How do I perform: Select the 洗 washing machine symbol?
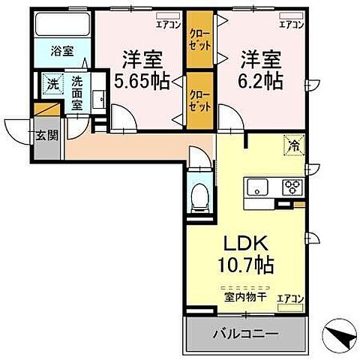click(52, 85)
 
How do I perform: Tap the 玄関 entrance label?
click(44, 136)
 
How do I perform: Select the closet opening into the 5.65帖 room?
click(199, 98)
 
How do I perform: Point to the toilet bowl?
click(199, 199)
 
